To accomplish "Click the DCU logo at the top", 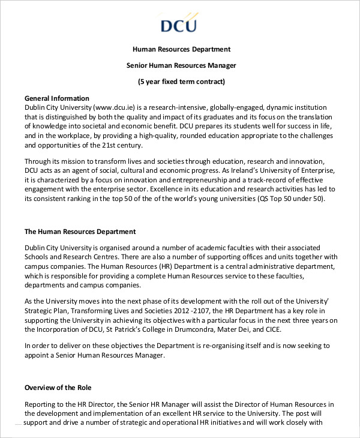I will (179, 24).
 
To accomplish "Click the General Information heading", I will (56, 98).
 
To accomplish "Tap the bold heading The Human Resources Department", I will (80, 232).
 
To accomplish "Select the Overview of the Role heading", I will (58, 388).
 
